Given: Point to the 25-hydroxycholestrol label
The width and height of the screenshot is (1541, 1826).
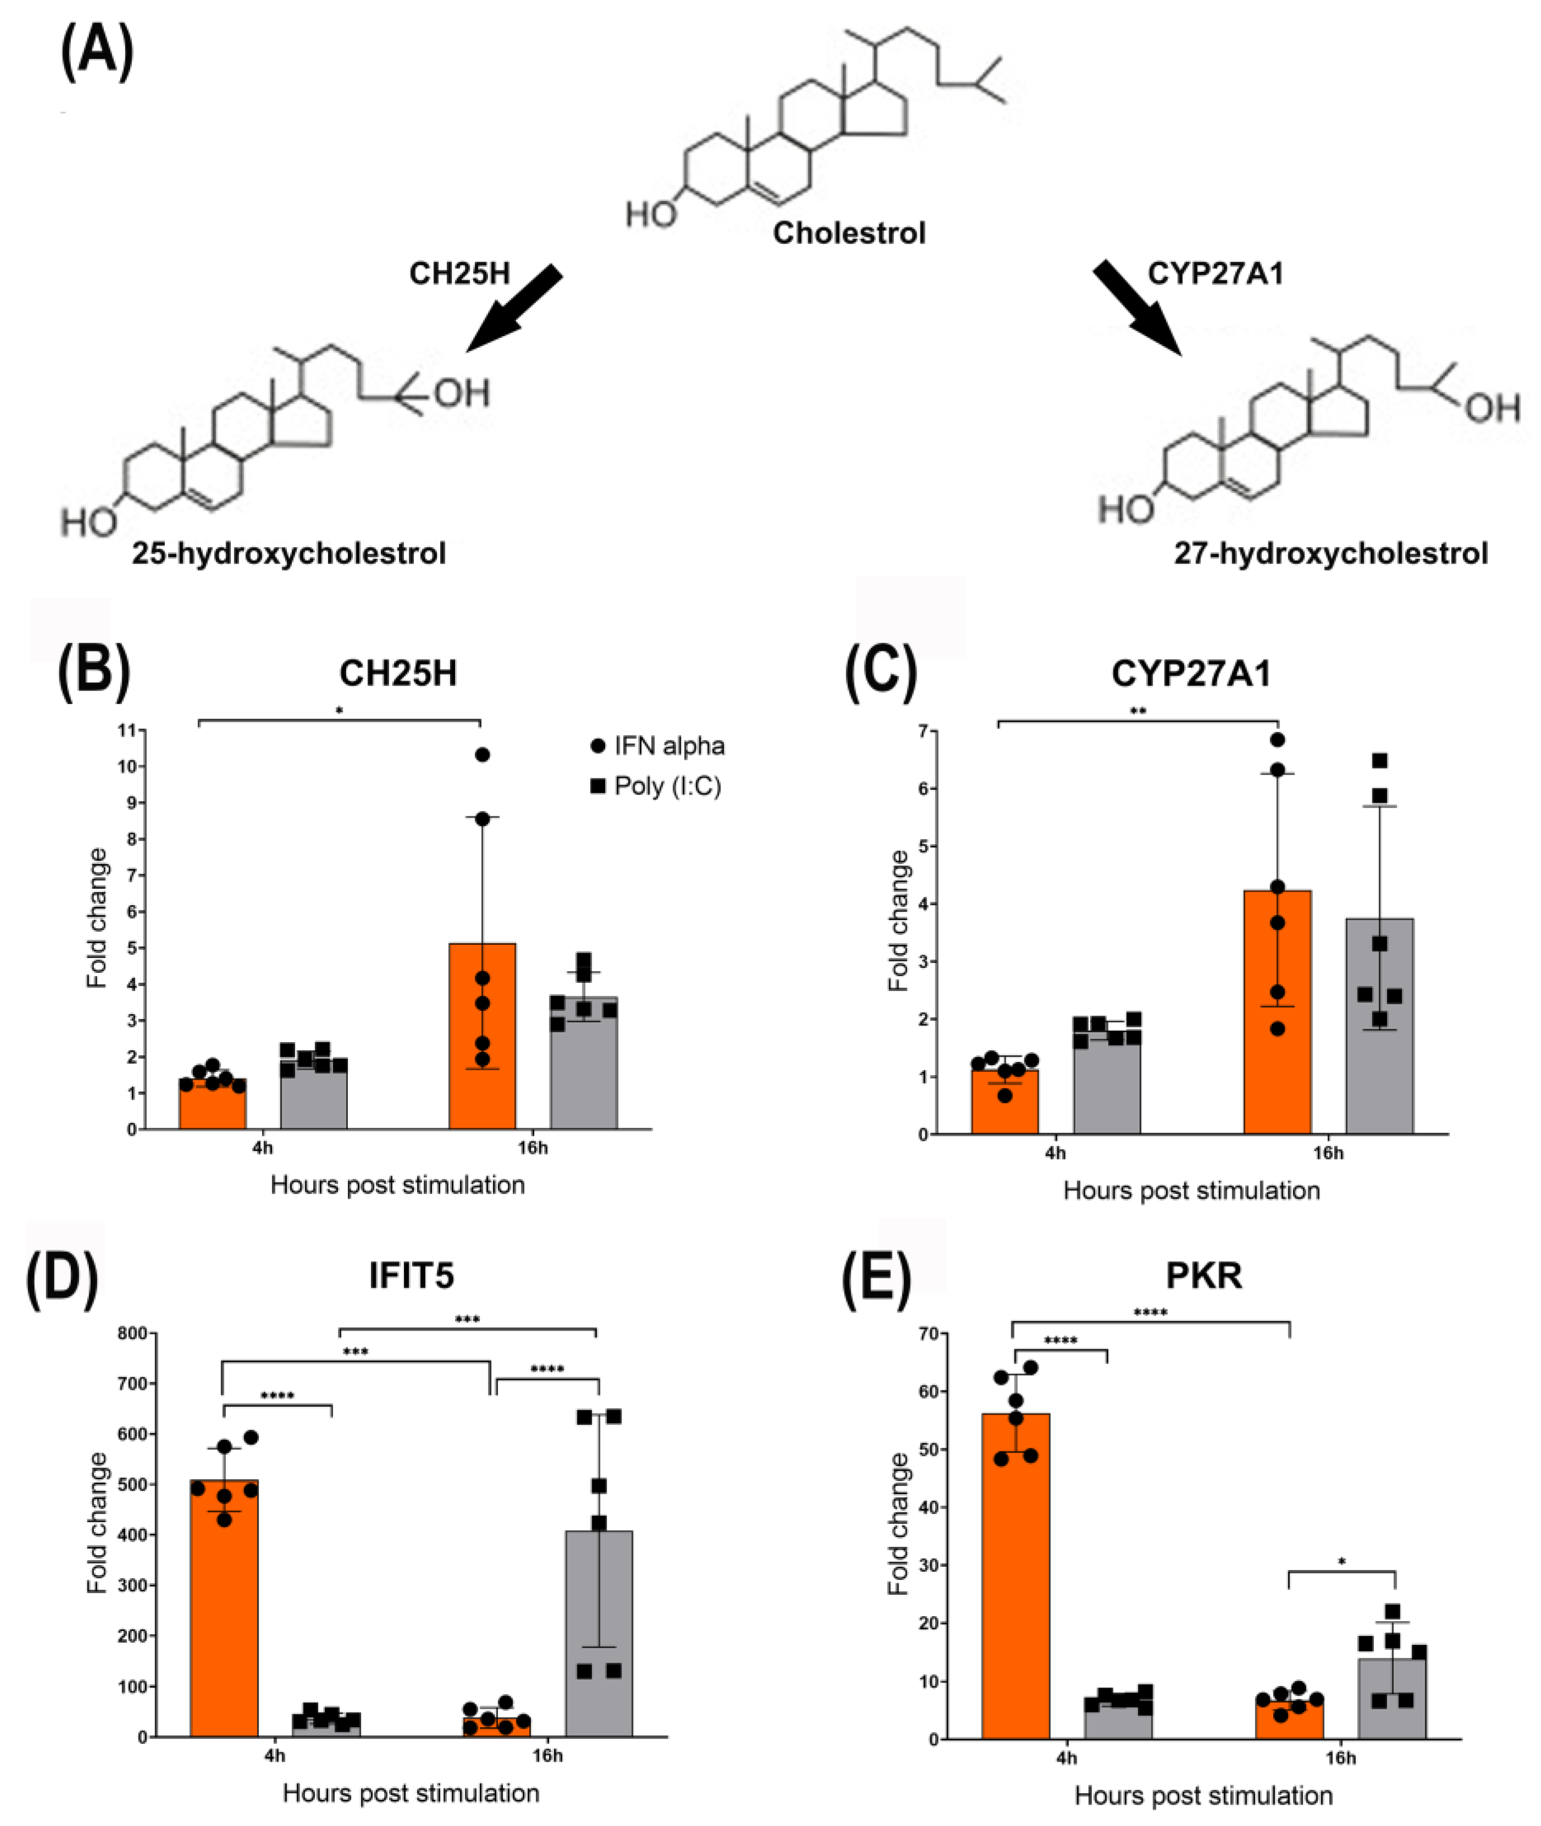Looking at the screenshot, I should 289,553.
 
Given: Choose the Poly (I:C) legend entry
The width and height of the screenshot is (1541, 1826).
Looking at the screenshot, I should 656,786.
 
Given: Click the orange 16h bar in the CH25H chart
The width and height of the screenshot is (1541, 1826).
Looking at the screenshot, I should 482,1039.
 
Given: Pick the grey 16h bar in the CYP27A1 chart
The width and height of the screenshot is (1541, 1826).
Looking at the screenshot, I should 1379,1031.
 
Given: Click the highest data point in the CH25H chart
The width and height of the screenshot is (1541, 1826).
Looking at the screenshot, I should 482,754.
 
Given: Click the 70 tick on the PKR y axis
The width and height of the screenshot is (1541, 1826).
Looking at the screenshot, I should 928,1333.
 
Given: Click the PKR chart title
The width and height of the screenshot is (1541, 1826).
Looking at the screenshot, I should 1204,1276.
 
